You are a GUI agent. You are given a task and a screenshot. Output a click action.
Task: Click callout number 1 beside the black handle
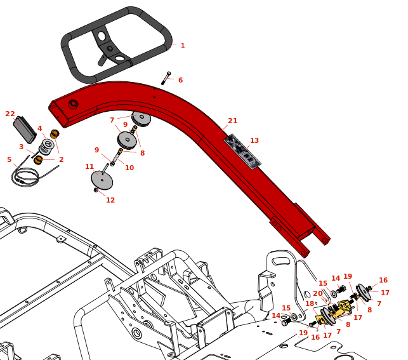183,46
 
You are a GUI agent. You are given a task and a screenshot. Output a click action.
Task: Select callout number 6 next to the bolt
180,81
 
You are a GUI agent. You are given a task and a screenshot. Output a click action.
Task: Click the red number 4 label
39,129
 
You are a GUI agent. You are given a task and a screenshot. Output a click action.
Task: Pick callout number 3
21,147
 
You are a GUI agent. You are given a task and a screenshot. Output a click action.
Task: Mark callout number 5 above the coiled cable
9,160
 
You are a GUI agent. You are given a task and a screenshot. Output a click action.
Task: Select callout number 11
89,167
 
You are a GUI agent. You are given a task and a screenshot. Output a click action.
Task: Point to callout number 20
318,294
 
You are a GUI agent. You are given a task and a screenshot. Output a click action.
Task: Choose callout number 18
310,304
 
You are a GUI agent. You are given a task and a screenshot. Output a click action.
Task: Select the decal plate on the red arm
241,151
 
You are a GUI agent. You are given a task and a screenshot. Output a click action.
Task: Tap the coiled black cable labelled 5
24,177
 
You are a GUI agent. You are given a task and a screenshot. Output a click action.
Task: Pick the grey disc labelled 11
102,180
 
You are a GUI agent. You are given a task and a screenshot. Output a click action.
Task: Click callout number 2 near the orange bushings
61,160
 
